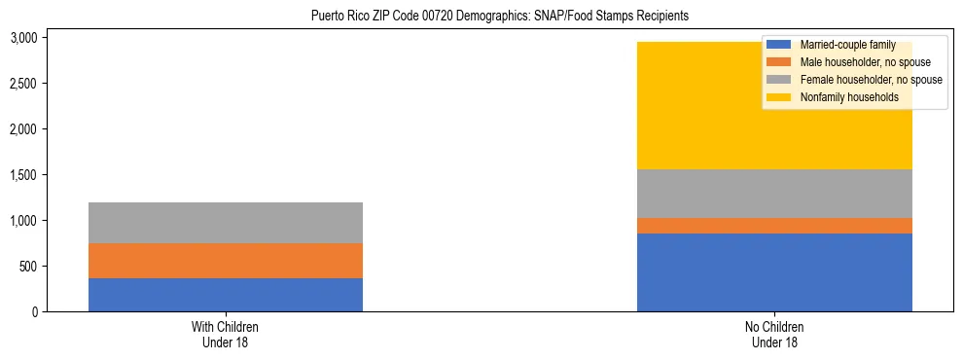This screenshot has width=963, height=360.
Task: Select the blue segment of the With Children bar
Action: point(226,295)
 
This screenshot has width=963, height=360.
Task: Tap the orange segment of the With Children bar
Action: point(226,261)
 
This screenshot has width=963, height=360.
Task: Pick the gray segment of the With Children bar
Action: point(226,223)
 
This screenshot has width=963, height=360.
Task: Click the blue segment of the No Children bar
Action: point(774,272)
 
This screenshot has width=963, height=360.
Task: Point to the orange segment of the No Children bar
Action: point(774,226)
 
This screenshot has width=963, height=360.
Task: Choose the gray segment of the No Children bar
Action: point(774,194)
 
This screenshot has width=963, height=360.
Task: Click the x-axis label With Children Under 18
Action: point(226,335)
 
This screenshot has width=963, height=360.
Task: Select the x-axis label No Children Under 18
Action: point(774,335)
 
